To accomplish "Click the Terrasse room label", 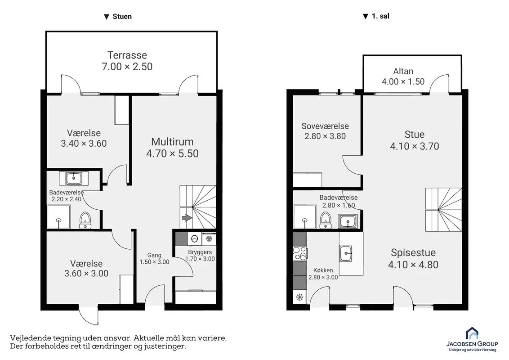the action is click(x=127, y=55).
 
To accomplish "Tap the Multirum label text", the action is click(x=172, y=142).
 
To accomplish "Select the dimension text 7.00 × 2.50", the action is click(x=127, y=67).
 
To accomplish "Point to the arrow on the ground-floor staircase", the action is click(x=187, y=218).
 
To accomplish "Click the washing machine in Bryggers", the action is click(x=194, y=239).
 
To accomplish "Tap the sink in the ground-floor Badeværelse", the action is click(x=74, y=178).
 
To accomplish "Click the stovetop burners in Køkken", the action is click(x=299, y=253).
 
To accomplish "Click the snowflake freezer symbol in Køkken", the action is click(x=299, y=297).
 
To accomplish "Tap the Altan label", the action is click(x=403, y=71).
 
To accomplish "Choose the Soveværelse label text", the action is click(x=325, y=126).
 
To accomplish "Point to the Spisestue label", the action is click(x=413, y=253).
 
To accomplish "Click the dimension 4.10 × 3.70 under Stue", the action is click(x=415, y=146).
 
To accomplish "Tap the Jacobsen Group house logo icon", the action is click(x=472, y=333).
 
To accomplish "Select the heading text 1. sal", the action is click(x=380, y=16).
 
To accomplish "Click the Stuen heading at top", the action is click(x=122, y=17).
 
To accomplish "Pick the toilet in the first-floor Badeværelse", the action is click(x=325, y=220).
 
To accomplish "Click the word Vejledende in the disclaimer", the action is click(x=30, y=338).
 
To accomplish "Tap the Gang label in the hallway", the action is click(x=154, y=256).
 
